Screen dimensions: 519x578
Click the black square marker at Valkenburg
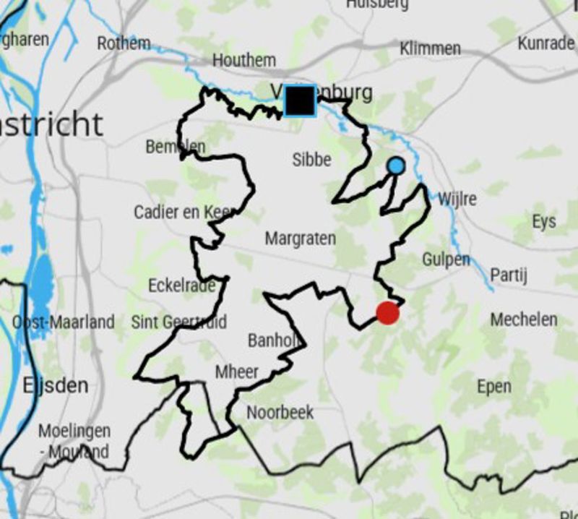point(299,100)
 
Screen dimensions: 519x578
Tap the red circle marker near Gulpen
point(388,313)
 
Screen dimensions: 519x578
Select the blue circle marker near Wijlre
point(395,166)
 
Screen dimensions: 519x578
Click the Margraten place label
point(300,238)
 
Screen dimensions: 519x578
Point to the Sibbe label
point(312,160)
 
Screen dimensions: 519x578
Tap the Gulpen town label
point(446,259)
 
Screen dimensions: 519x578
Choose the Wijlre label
point(457,198)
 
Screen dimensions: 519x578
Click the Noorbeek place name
point(280,413)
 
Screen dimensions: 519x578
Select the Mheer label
point(237,372)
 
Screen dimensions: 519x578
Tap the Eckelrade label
point(182,286)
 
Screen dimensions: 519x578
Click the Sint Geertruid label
point(179,322)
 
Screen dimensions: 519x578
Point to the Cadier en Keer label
point(185,213)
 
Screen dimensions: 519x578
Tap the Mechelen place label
point(524,319)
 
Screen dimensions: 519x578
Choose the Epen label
point(494,387)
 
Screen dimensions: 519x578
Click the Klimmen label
point(430,48)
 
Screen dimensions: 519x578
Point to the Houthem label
point(244,61)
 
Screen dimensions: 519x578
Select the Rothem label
point(124,43)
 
